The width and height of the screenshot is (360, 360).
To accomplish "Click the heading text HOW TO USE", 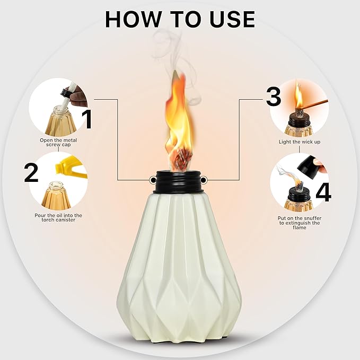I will pyautogui.click(x=180, y=19).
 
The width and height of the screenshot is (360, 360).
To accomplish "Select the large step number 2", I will pyautogui.click(x=31, y=173).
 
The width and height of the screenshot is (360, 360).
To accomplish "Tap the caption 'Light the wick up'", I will pyautogui.click(x=299, y=142).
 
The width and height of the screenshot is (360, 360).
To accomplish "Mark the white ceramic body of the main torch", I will pyautogui.click(x=179, y=265).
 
